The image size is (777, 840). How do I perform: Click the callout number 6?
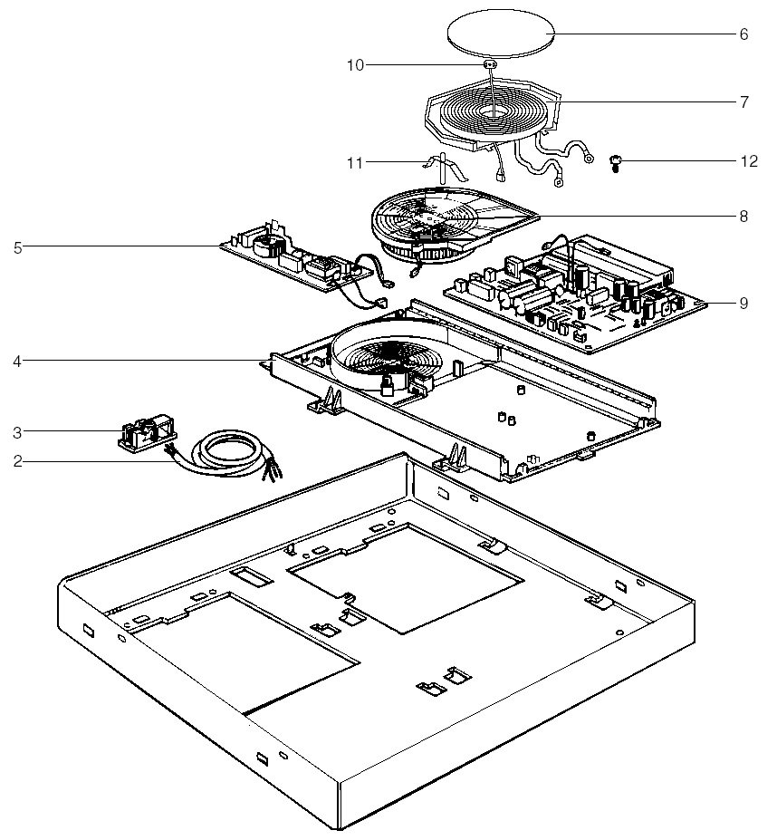coord(743,34)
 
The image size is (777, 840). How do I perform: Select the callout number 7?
coord(743,102)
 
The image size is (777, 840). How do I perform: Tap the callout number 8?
coord(743,217)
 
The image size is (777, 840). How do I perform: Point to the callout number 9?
coord(743,304)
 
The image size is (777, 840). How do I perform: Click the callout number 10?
coord(355,65)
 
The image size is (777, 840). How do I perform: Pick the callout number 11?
coord(355,163)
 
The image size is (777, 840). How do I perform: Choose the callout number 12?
coord(748,161)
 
